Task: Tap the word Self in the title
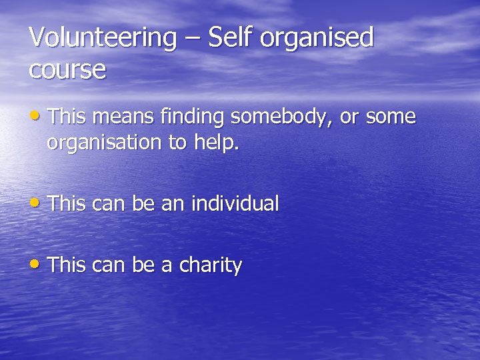pos(231,37)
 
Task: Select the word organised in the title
pos(317,39)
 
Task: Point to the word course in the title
pos(67,69)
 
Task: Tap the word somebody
pos(281,117)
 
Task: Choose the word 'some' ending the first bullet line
pos(393,117)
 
